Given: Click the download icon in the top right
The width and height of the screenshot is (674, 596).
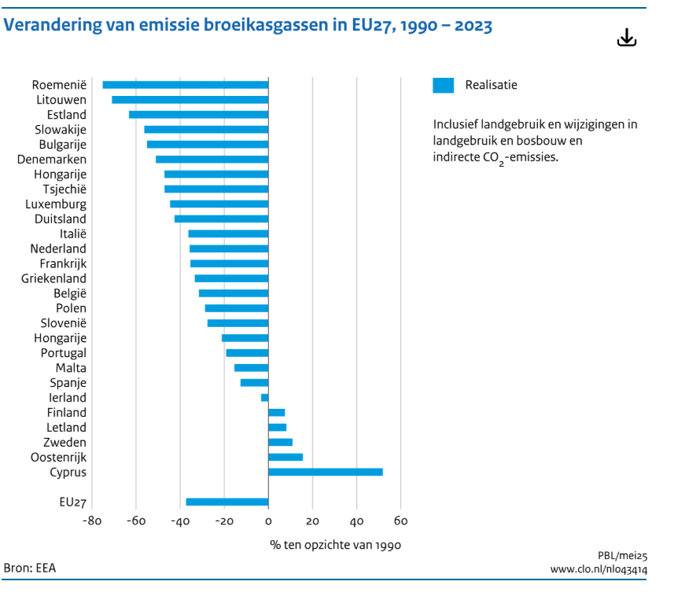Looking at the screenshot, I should [626, 37].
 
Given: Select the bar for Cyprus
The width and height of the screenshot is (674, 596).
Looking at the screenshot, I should [326, 472].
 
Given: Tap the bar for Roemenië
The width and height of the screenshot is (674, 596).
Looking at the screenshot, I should [186, 85].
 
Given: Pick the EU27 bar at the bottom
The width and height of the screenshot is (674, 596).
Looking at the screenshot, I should [227, 502].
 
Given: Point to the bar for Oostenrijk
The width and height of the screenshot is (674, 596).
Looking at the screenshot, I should [285, 457].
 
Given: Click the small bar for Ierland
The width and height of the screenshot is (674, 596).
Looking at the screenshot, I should [265, 398].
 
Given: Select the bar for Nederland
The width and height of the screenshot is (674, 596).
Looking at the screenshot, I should [229, 248].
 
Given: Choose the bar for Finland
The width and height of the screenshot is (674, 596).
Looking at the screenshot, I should [277, 413].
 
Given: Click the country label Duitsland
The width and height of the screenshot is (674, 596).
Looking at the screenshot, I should [61, 219].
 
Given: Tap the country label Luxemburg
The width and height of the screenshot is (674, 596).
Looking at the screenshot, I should [56, 204].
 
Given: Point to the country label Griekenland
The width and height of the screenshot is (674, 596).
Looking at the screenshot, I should [54, 278].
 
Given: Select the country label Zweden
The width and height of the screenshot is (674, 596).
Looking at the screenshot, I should [65, 443].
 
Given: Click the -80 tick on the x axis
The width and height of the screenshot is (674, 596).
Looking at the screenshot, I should [92, 521].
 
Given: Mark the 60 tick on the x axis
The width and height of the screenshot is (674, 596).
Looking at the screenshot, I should [400, 521].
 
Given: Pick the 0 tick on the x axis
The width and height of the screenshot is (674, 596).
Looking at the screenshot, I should [268, 521].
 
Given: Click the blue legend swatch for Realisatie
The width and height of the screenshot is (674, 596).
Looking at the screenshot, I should [443, 85].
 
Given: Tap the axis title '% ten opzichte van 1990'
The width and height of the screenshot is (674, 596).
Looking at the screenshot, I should [336, 544].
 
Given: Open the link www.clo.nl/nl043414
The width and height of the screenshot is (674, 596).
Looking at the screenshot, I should [598, 568].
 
